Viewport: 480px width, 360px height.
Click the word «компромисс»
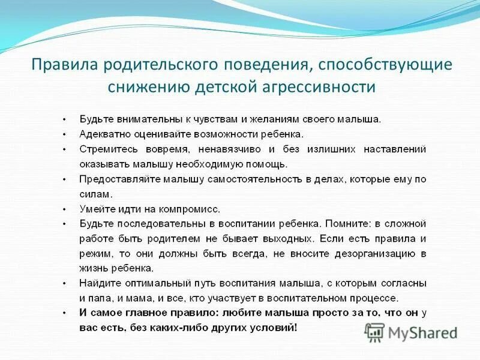tap(188, 209)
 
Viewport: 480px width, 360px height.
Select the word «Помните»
tap(347, 223)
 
